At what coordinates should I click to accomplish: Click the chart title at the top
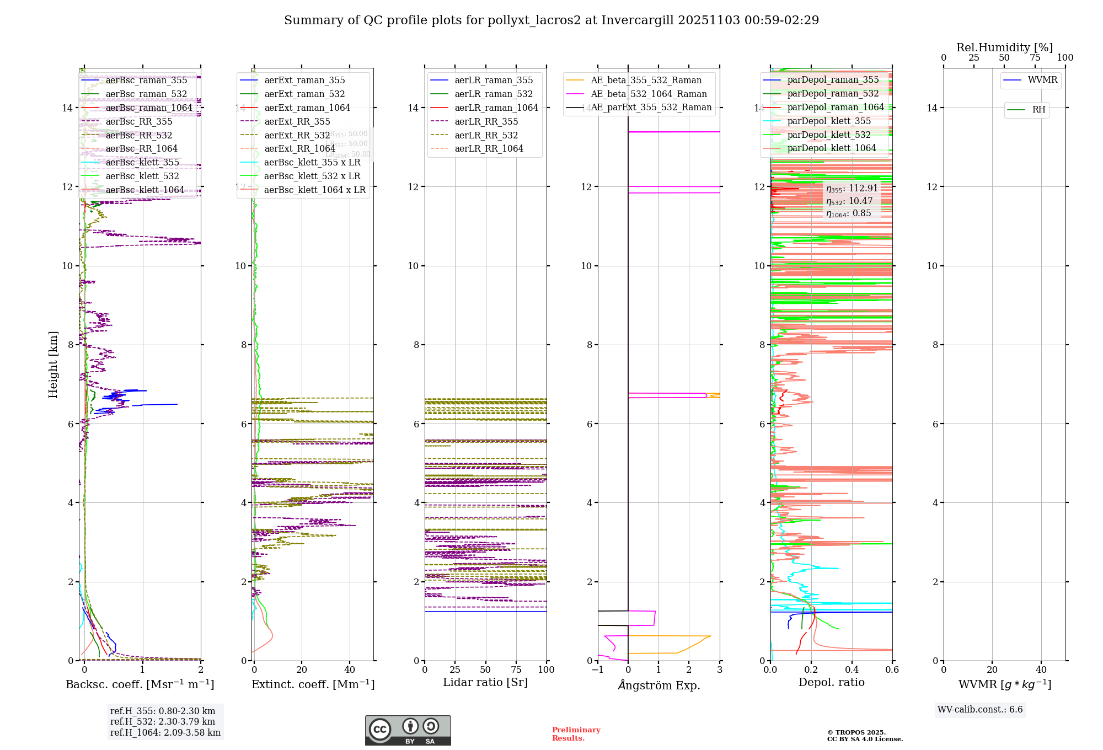[551, 20]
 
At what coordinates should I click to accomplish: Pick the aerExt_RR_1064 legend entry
[299, 149]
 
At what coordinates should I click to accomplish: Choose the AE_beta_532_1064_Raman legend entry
[649, 94]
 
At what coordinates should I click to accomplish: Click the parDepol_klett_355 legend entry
[829, 121]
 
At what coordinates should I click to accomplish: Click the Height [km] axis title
[53, 364]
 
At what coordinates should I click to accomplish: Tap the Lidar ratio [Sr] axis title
[485, 683]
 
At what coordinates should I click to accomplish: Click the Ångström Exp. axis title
[659, 685]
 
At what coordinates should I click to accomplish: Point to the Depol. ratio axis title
[832, 683]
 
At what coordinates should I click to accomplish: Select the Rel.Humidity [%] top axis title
[1004, 47]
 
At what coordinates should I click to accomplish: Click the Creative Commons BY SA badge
[408, 731]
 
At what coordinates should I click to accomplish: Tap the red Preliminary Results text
[576, 734]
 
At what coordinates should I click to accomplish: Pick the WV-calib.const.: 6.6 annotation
[980, 710]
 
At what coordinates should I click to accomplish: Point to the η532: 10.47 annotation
[849, 201]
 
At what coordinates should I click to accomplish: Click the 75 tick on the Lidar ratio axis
[516, 670]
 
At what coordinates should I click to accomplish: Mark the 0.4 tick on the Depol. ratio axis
[852, 670]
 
